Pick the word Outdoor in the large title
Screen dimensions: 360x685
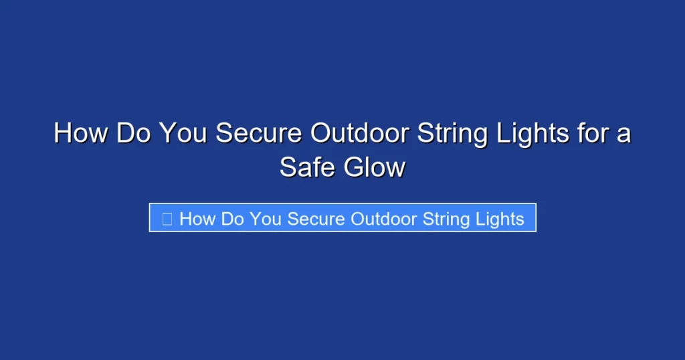360,133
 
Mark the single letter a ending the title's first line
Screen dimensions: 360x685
623,134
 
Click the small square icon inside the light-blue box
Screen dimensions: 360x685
167,218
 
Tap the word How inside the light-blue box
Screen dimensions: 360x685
197,218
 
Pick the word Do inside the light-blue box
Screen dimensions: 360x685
232,218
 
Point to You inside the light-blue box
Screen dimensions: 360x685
265,218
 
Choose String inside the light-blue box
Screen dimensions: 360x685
444,219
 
